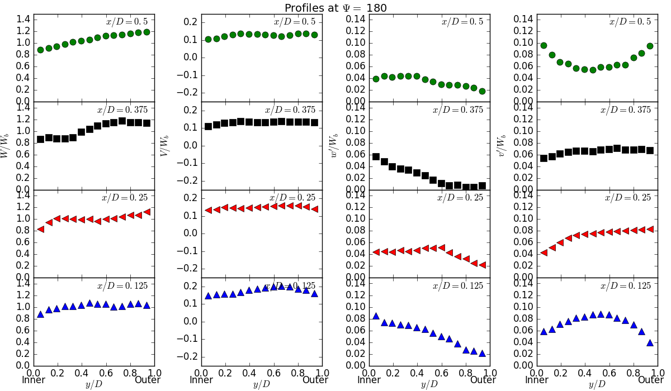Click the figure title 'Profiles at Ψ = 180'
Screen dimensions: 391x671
[x=335, y=8]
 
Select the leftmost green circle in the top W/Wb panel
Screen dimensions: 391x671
[x=40, y=50]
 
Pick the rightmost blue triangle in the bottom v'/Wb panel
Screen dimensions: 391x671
[x=650, y=342]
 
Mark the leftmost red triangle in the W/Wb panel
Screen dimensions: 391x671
[x=40, y=229]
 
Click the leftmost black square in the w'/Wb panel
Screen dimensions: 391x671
[x=376, y=157]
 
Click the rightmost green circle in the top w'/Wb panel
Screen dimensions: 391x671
[x=482, y=91]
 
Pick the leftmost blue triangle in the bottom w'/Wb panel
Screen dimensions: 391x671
[x=376, y=316]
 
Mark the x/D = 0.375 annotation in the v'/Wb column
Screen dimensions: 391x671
[x=626, y=110]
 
